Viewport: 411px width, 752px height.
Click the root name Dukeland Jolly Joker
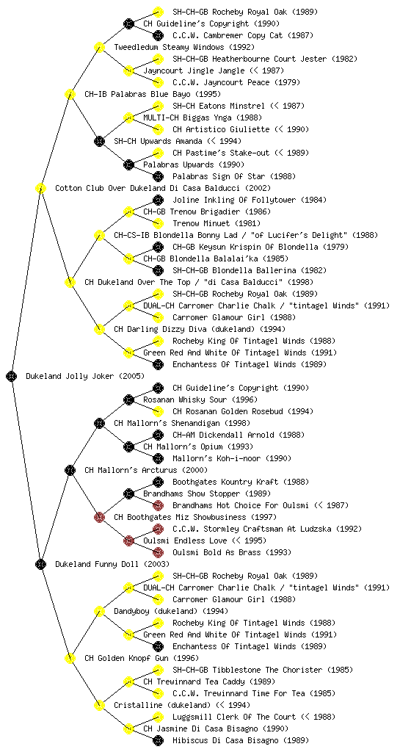(70, 376)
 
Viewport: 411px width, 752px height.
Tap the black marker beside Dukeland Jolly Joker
(12, 376)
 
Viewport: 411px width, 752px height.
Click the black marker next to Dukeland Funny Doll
(40, 564)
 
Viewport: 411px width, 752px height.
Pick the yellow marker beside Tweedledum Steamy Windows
(99, 47)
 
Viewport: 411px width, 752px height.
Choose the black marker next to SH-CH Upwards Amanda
(99, 141)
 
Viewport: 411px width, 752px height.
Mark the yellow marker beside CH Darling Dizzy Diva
(99, 329)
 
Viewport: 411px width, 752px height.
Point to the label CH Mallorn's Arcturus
(131, 470)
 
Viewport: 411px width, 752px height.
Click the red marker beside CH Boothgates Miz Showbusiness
(99, 517)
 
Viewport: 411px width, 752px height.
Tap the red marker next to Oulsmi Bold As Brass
(158, 552)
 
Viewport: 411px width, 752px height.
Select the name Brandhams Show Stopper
(192, 493)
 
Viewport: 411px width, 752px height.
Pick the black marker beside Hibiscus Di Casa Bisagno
(158, 740)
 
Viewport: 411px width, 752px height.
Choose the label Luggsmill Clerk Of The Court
(234, 717)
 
